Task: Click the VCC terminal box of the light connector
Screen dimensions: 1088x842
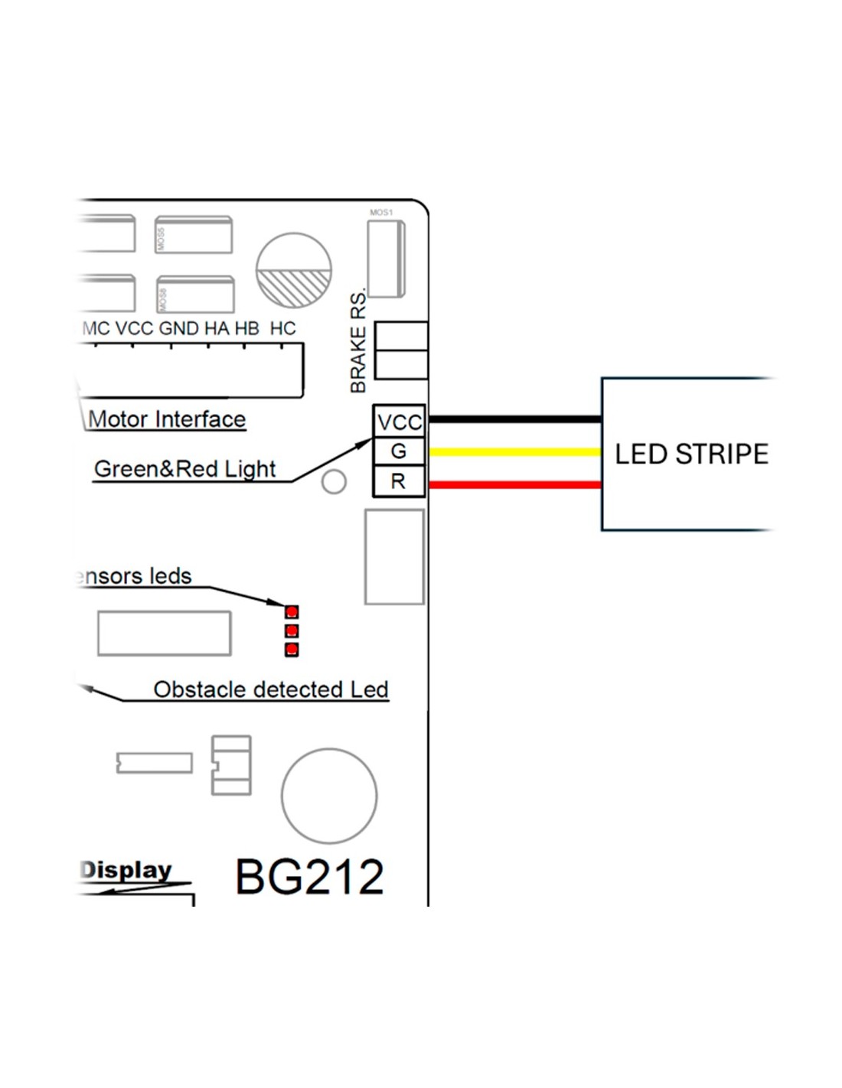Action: pyautogui.click(x=399, y=422)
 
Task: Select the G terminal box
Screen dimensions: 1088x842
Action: pyautogui.click(x=399, y=451)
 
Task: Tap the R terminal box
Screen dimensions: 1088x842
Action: pyautogui.click(x=399, y=481)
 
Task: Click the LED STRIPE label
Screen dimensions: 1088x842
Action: pyautogui.click(x=691, y=454)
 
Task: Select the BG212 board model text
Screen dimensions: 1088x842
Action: pyautogui.click(x=309, y=876)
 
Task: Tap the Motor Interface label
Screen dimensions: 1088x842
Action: pyautogui.click(x=167, y=419)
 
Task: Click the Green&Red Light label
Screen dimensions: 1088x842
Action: pyautogui.click(x=184, y=468)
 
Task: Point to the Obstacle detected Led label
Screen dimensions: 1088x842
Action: pyautogui.click(x=271, y=689)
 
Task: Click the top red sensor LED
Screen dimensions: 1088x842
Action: pyautogui.click(x=292, y=612)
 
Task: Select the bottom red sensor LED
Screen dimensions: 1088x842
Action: pyautogui.click(x=292, y=650)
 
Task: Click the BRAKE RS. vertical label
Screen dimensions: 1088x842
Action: pyautogui.click(x=358, y=341)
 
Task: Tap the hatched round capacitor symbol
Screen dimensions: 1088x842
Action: pyautogui.click(x=293, y=270)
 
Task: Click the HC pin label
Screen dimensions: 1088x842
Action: pyautogui.click(x=282, y=328)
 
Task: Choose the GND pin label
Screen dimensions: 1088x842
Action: pyautogui.click(x=178, y=328)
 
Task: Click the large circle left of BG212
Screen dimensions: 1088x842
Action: pyautogui.click(x=329, y=796)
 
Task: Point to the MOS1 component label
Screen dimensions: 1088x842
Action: pyautogui.click(x=381, y=213)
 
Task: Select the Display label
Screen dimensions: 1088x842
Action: pyautogui.click(x=126, y=870)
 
